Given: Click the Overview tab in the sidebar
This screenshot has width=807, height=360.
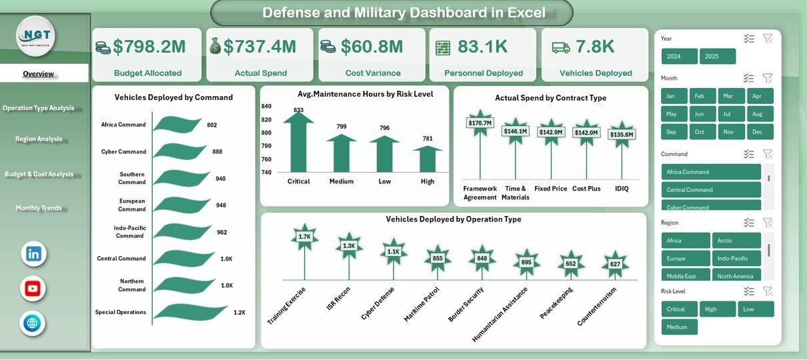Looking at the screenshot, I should pos(39,74).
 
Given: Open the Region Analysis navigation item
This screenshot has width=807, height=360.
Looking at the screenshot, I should pos(39,139).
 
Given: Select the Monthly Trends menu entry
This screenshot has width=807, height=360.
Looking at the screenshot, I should pos(39,208).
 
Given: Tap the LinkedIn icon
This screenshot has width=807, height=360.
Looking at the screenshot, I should pos(33,254).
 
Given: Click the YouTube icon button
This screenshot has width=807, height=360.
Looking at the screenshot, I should pos(33,289).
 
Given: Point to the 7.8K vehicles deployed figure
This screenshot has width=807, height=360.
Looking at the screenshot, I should pos(595,47).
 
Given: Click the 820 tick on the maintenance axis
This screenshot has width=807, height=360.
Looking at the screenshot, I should pos(266,119).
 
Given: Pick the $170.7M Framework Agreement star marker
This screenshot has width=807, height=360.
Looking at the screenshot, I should pos(480,123).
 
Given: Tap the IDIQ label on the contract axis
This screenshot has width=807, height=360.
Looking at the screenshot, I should pos(621,189).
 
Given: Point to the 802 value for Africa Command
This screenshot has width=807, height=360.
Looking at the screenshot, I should pos(212,125).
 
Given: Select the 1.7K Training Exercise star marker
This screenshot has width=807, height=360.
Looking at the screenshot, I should pos(305,237).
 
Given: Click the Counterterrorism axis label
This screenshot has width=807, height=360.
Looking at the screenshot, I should pos(598,307).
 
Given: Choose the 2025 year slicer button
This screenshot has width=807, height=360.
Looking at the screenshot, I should pos(718,57).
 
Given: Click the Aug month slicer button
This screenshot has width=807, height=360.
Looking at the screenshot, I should pos(760,114).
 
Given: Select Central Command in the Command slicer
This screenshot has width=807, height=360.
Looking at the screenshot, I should pos(711,190).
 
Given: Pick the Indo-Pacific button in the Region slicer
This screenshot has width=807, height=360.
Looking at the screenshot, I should pos(736,259).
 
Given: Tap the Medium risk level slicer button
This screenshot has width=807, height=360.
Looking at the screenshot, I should pos(679,327).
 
